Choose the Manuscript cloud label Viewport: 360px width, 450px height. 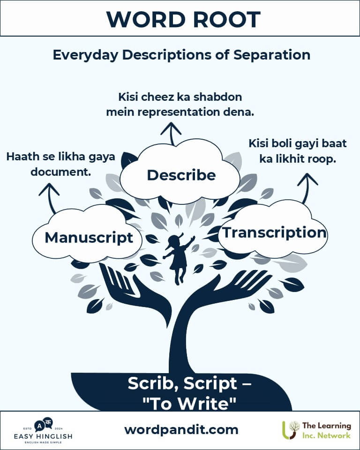[x=89, y=237]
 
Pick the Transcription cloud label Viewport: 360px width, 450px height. [x=274, y=232]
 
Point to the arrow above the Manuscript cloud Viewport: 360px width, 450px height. [x=50, y=196]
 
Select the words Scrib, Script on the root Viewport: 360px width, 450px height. [x=183, y=383]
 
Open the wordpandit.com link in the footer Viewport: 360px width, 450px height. [x=181, y=429]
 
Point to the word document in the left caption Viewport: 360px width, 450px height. [x=60, y=172]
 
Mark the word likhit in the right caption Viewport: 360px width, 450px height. [x=299, y=158]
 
